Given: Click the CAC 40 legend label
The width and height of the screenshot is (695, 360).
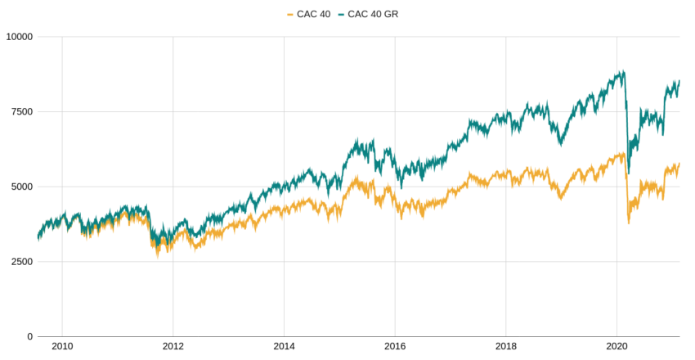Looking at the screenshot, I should pos(313,14).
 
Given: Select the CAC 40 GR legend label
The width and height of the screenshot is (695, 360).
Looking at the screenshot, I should pos(373,14).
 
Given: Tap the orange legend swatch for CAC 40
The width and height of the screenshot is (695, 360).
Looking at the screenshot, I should pos(290,14).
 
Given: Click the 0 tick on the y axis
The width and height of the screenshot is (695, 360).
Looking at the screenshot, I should pos(29,336).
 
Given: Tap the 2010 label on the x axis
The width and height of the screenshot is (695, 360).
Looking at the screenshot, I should pos(62,347).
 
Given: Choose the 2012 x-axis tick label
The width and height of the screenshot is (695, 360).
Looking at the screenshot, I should pos(173,347).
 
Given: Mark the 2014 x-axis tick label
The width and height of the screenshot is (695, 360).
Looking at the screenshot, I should pos(284,347).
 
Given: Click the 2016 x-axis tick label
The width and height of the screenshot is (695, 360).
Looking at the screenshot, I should pos(395,347).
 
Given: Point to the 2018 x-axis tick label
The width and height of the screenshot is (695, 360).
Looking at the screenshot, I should pos(506,347).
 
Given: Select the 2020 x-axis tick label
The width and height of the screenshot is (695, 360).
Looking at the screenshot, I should pos(617,347).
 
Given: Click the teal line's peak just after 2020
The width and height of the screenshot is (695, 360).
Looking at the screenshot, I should pos(623,71).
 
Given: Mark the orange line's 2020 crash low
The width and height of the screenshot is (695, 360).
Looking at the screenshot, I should pos(628,223).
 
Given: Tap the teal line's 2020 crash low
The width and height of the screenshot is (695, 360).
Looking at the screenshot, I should pos(628,173).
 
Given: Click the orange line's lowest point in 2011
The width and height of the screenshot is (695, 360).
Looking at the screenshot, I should pos(158,254).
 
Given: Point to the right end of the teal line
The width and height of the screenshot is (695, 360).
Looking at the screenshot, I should pos(679,81).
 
